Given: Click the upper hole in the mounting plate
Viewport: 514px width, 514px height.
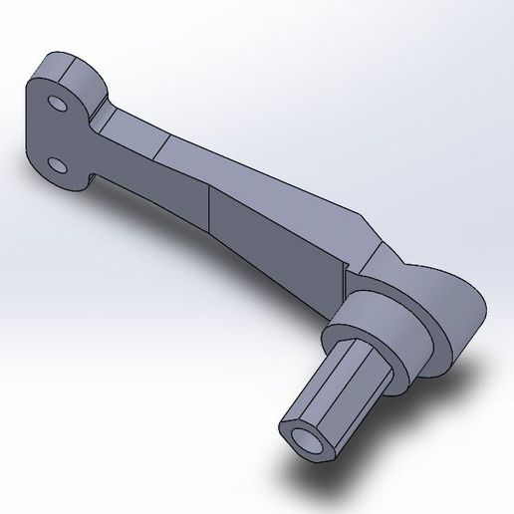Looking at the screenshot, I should pos(58,105).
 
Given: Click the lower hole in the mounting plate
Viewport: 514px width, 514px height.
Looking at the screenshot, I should pos(57,162).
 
